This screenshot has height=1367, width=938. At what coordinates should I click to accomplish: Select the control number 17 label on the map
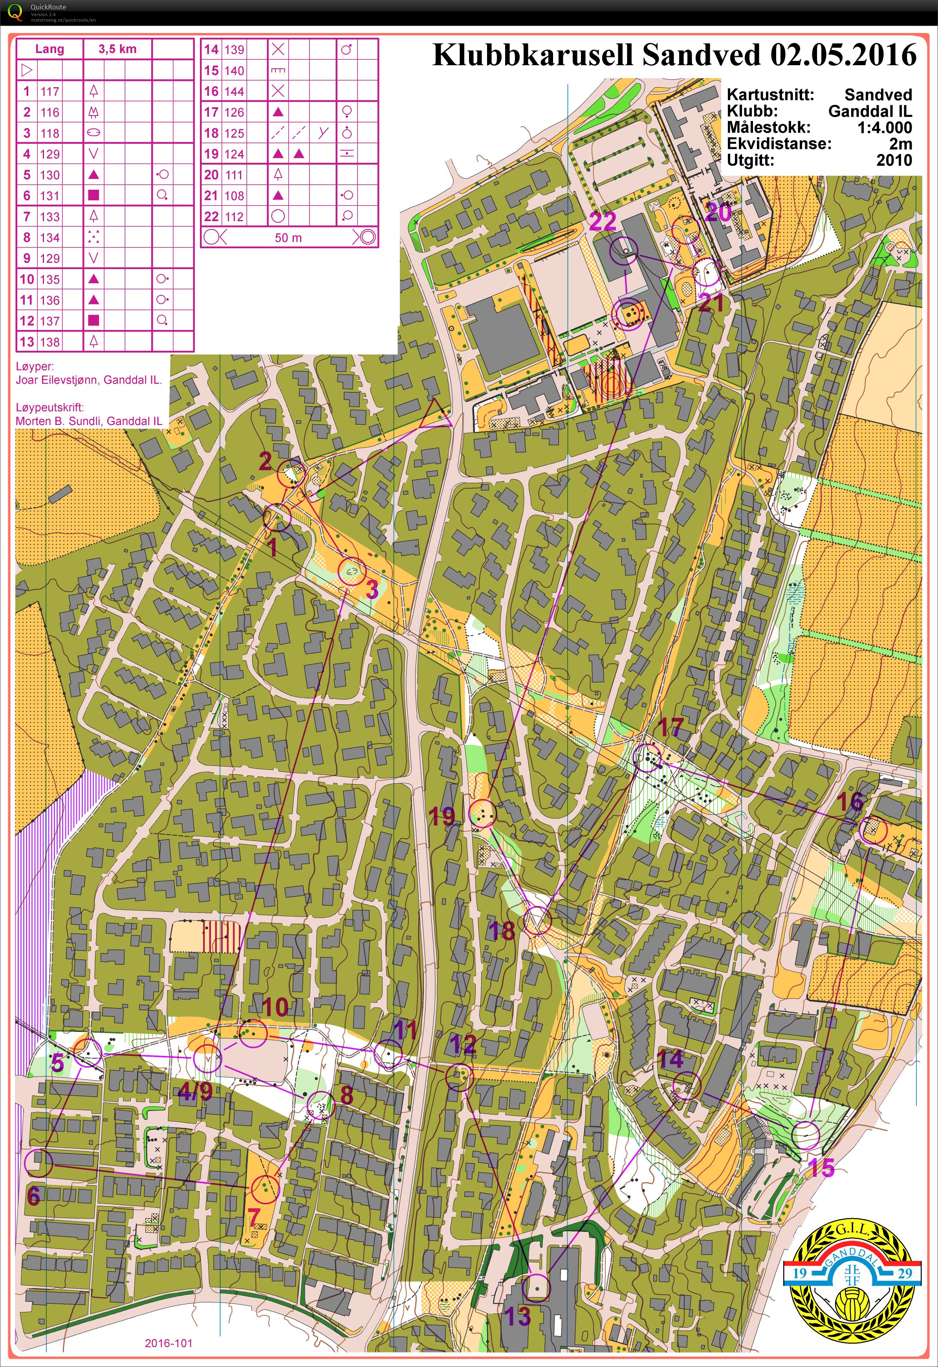click(671, 727)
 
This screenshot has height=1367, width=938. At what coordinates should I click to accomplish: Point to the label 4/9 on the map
click(195, 1092)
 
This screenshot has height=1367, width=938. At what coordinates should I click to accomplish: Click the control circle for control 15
click(805, 1135)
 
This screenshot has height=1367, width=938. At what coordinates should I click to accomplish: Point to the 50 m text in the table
click(288, 238)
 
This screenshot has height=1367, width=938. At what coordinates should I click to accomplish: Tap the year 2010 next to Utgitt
click(894, 160)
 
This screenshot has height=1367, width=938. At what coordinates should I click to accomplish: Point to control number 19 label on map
click(442, 816)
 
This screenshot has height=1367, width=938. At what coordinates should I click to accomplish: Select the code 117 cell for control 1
click(50, 91)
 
